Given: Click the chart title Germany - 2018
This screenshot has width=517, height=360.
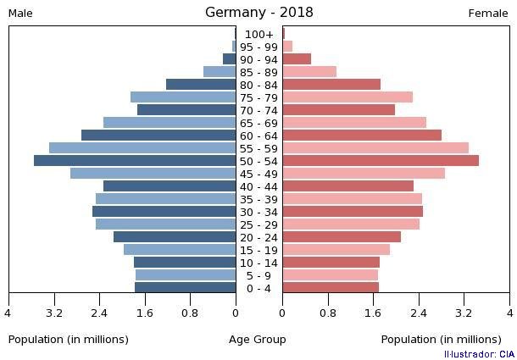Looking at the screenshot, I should pos(258,12).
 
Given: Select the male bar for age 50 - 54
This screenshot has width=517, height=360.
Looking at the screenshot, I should pos(135,161).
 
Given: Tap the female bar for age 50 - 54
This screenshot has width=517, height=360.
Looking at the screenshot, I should pos(381,161).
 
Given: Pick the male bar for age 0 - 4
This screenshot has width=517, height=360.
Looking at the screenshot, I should pos(186,288).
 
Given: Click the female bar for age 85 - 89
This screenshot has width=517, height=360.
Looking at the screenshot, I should pos(309,72).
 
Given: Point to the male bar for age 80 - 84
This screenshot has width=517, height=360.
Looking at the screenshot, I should pos(201,85).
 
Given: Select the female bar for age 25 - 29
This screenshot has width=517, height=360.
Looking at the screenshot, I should pos(351,224).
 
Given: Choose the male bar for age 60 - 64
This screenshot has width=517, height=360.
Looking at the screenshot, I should pos(158,136).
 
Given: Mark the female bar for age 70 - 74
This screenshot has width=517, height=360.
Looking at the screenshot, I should pos(339,110).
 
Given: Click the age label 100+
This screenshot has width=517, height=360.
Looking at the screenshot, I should pos(258,35).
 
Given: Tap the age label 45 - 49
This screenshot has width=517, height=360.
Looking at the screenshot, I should pos(258,174).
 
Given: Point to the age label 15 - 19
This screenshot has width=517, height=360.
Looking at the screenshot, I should pos(258,251).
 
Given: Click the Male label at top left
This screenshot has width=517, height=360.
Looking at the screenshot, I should pos(20,13).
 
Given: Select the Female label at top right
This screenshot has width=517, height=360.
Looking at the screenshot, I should pos(488,13).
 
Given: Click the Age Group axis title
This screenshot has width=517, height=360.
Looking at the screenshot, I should pos(258,340).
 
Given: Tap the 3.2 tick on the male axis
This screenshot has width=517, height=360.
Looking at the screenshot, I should pos(54,313).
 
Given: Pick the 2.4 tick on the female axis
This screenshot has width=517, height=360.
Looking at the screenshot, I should pos(419,313).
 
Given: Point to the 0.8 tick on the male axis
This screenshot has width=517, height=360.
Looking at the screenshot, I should pos(190,313).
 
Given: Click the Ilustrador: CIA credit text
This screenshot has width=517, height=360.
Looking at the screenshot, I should pos(479,354).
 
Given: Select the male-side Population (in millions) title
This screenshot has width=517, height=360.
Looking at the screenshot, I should pos(69,340).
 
